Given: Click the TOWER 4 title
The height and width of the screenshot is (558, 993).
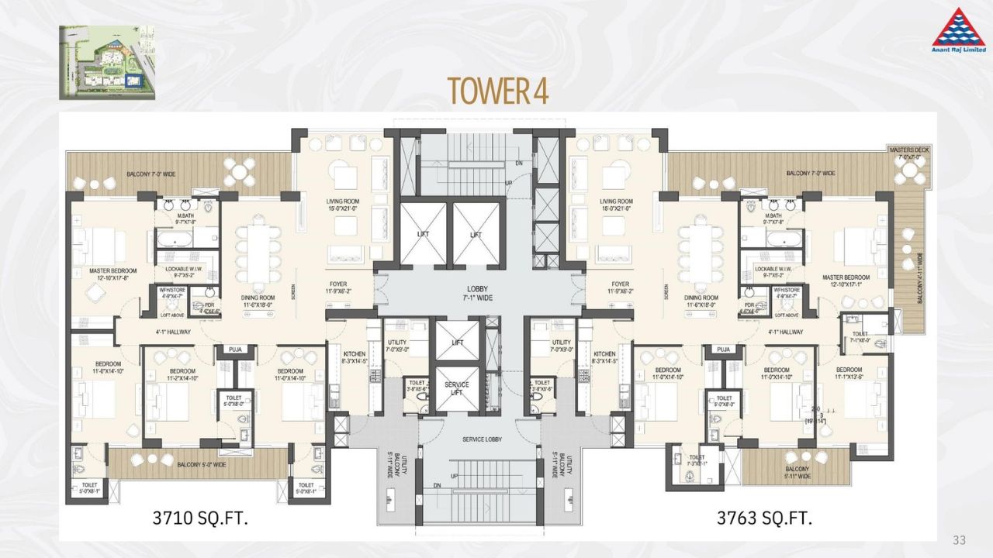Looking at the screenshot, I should point(497,91).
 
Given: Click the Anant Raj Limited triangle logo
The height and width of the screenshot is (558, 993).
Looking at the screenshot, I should point(958,29).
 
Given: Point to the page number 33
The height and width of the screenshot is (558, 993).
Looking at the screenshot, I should point(960,540).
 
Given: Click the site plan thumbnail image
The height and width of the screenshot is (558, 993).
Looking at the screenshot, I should point(106,62).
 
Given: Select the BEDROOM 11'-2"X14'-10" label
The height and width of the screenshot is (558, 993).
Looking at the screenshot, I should point(180,375).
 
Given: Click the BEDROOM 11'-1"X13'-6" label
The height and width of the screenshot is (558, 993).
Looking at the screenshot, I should point(849,374).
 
